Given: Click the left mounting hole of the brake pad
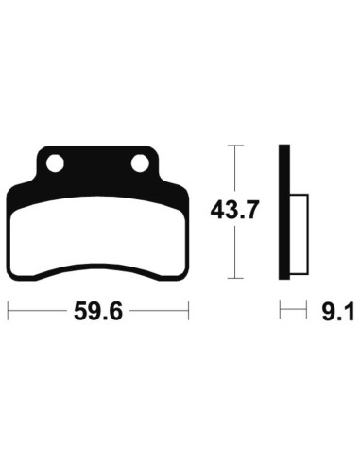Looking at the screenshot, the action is (55, 164).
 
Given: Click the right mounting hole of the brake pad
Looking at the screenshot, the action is (140, 164).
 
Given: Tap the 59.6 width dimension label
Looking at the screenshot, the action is (98, 311).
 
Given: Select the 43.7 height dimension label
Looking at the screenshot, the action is (234, 211).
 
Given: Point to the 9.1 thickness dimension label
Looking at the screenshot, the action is (337, 311).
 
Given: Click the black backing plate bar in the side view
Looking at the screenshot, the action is (284, 212).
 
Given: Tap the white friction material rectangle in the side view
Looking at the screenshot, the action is (299, 234).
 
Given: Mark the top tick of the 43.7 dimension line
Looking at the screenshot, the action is (235, 146).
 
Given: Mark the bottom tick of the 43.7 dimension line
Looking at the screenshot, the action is (235, 278).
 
